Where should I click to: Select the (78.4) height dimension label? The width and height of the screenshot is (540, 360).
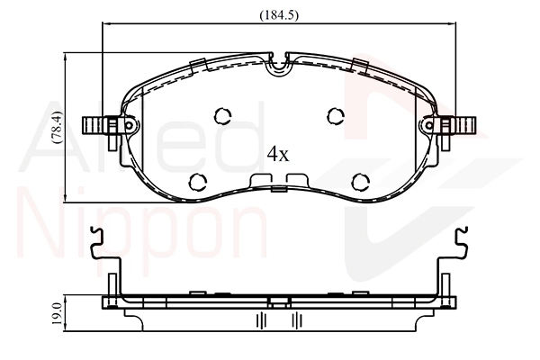tap(56, 128)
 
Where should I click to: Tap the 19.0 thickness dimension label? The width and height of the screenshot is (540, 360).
tap(56, 316)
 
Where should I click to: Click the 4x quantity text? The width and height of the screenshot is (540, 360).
tap(278, 154)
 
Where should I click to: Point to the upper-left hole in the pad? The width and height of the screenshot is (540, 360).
tap(221, 115)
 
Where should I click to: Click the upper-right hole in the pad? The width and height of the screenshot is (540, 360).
tap(336, 115)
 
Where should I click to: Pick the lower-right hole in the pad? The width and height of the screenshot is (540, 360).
tap(359, 181)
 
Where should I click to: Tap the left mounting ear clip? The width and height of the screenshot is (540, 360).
tap(102, 126)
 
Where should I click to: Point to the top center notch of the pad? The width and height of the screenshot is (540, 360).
tap(279, 62)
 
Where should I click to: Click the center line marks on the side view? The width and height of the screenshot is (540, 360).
tap(279, 319)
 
